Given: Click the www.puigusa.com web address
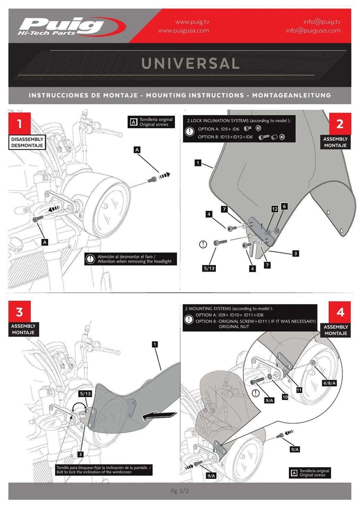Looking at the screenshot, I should pos(183,31).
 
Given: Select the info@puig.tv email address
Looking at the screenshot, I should pos(322,22).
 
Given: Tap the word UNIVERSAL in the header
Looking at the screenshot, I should pos(190,64).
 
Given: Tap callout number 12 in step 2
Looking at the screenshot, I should pos(275,209).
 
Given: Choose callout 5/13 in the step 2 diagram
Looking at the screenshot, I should pos(209,269).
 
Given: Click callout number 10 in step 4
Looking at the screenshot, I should pos(284,397).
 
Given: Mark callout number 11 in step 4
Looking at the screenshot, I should pos(298,389).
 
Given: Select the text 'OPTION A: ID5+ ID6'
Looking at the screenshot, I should pos(219,129).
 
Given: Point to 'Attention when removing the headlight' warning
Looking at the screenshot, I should pos(134,262).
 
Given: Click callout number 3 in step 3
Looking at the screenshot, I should pos(80,454).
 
